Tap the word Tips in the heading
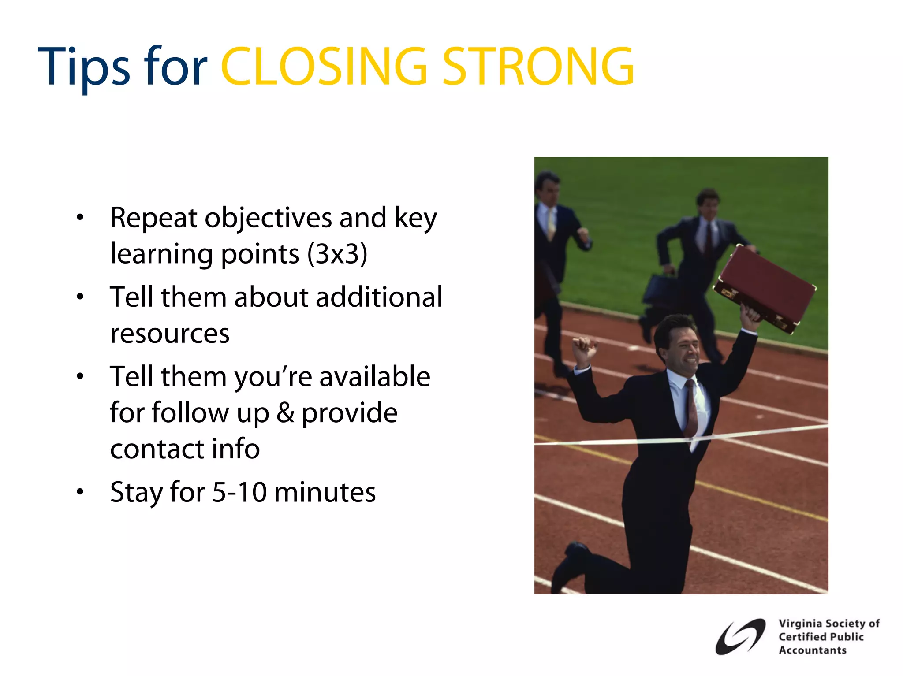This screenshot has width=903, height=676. pyautogui.click(x=84, y=67)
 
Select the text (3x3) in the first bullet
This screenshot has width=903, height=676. pyautogui.click(x=337, y=254)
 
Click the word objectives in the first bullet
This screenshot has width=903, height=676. pyautogui.click(x=268, y=218)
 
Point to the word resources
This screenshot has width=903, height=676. pyautogui.click(x=170, y=334)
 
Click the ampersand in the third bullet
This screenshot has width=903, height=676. pyautogui.click(x=286, y=413)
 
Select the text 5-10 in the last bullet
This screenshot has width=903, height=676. pyautogui.click(x=239, y=492)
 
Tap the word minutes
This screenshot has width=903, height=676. pyautogui.click(x=325, y=492)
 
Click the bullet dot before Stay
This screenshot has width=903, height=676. pyautogui.click(x=80, y=492)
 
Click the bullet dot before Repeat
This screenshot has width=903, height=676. pyautogui.click(x=80, y=217)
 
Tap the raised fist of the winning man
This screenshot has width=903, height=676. pyautogui.click(x=584, y=348)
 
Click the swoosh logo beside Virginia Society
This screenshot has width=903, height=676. pyautogui.click(x=740, y=636)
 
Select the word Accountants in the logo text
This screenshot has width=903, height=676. pyautogui.click(x=812, y=650)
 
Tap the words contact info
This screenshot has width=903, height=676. pyautogui.click(x=185, y=449)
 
